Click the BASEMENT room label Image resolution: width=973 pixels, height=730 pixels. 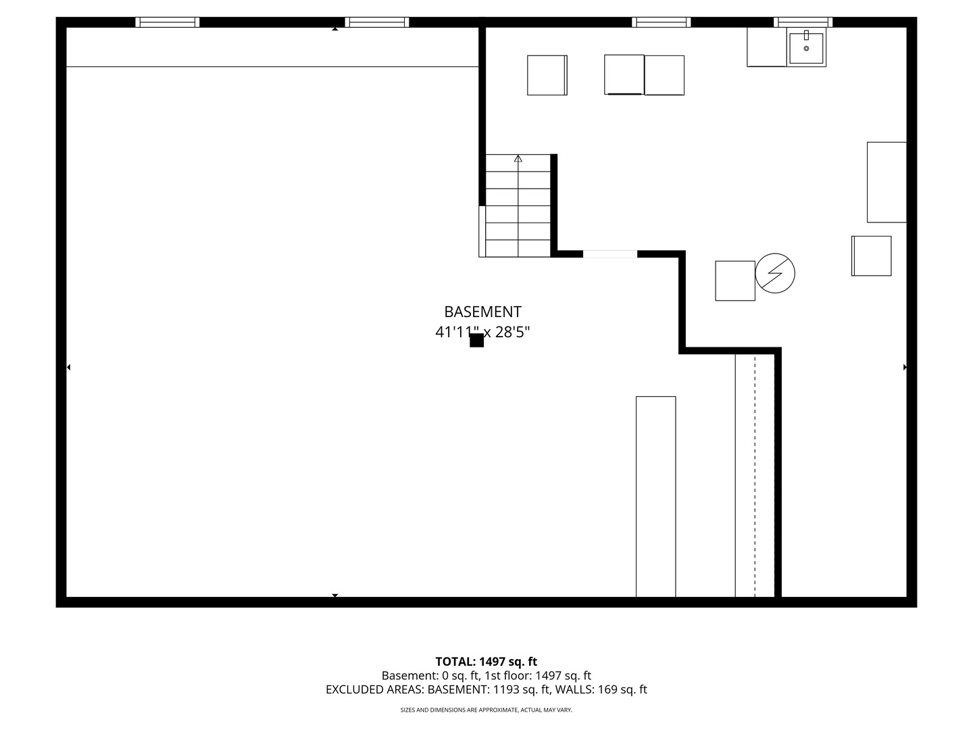[x=482, y=312]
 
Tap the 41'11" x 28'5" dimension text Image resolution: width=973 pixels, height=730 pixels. [x=482, y=331]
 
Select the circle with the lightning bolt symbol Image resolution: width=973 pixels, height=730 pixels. [x=775, y=273]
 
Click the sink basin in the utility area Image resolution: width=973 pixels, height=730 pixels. [x=806, y=48]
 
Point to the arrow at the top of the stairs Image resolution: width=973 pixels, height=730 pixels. [x=518, y=158]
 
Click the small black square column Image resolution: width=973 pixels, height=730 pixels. [x=476, y=341]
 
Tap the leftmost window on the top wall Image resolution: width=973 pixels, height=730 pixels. [x=167, y=22]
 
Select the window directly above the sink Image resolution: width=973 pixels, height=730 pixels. [x=803, y=22]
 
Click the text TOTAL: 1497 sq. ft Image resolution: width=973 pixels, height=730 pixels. [x=486, y=662]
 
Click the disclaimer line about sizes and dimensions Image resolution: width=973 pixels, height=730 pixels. [x=487, y=710]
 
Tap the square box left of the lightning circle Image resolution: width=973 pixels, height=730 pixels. [x=735, y=281]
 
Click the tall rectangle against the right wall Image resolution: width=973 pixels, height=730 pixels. [x=887, y=182]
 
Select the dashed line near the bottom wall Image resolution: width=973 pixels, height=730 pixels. [x=755, y=476]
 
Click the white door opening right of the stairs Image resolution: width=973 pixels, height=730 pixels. [x=610, y=254]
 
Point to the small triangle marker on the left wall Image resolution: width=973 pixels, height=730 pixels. [x=68, y=367]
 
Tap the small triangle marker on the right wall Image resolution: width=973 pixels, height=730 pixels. [x=905, y=367]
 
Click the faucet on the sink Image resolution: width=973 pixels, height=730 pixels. [x=806, y=35]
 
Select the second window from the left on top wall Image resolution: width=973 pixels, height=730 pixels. [x=377, y=22]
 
